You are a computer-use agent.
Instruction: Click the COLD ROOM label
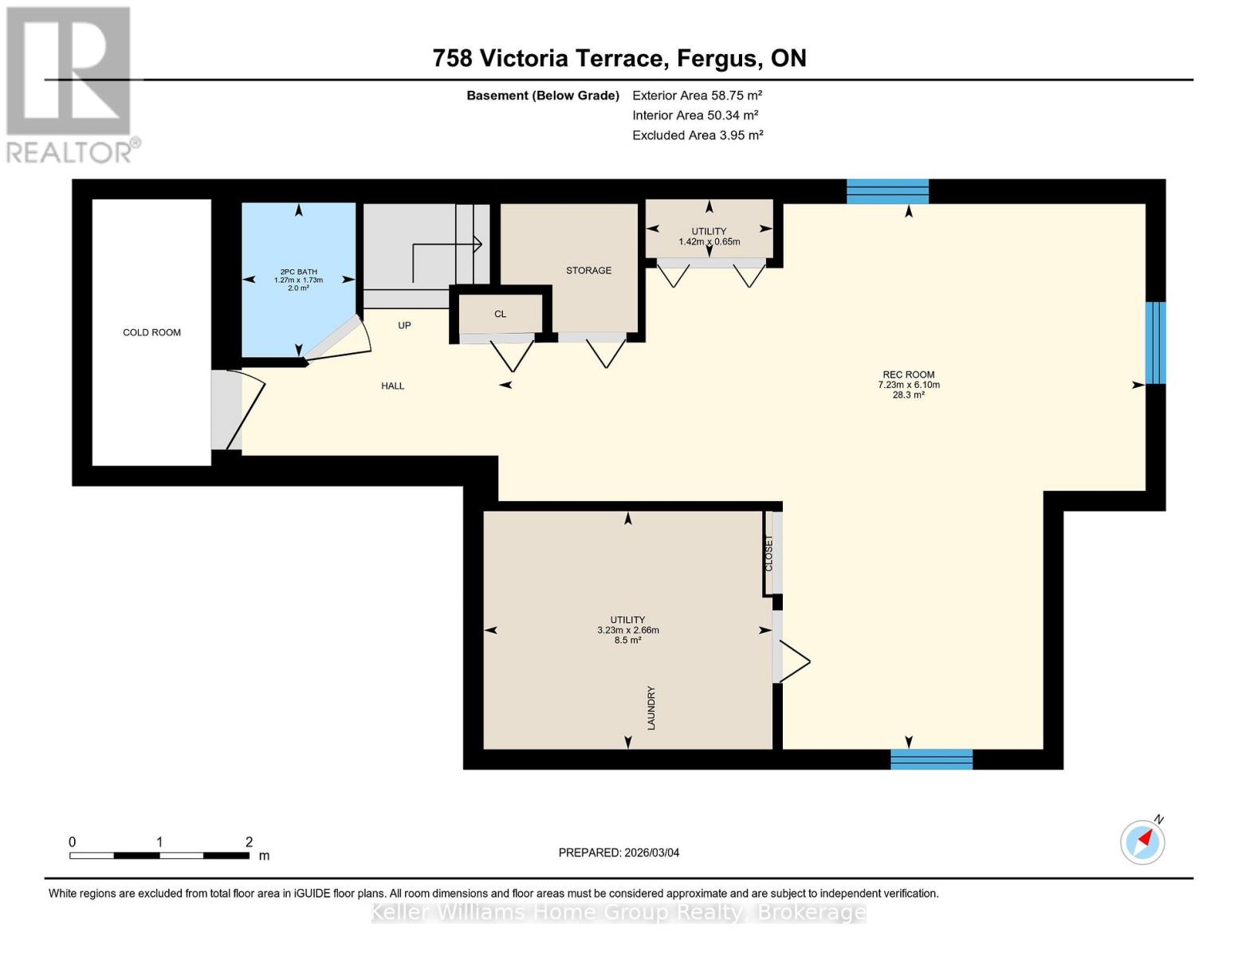click(x=151, y=332)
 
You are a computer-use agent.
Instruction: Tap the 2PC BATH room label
click(x=298, y=272)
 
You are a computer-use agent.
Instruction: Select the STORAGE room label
click(x=588, y=270)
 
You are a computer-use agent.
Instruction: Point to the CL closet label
click(x=500, y=314)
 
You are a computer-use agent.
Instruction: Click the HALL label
click(x=392, y=386)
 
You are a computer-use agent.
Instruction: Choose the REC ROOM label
click(x=908, y=374)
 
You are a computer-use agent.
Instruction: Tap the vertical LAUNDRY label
click(x=651, y=707)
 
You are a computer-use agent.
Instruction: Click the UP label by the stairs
click(x=404, y=325)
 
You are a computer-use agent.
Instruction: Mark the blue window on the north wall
click(x=887, y=191)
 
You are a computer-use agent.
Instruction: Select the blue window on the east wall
click(x=1155, y=343)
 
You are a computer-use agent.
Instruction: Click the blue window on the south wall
click(x=931, y=759)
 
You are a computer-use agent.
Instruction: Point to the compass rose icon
click(x=1142, y=841)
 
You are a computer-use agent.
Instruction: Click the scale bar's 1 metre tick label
click(x=160, y=842)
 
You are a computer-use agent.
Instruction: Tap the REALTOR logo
click(x=70, y=84)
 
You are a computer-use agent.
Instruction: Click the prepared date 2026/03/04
click(x=619, y=852)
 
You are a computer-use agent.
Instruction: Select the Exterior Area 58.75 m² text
click(x=697, y=95)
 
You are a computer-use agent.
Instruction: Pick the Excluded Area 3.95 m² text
click(x=697, y=135)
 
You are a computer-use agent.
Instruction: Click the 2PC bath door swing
click(x=339, y=339)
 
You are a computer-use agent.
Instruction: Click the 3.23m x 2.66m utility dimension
click(x=627, y=630)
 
